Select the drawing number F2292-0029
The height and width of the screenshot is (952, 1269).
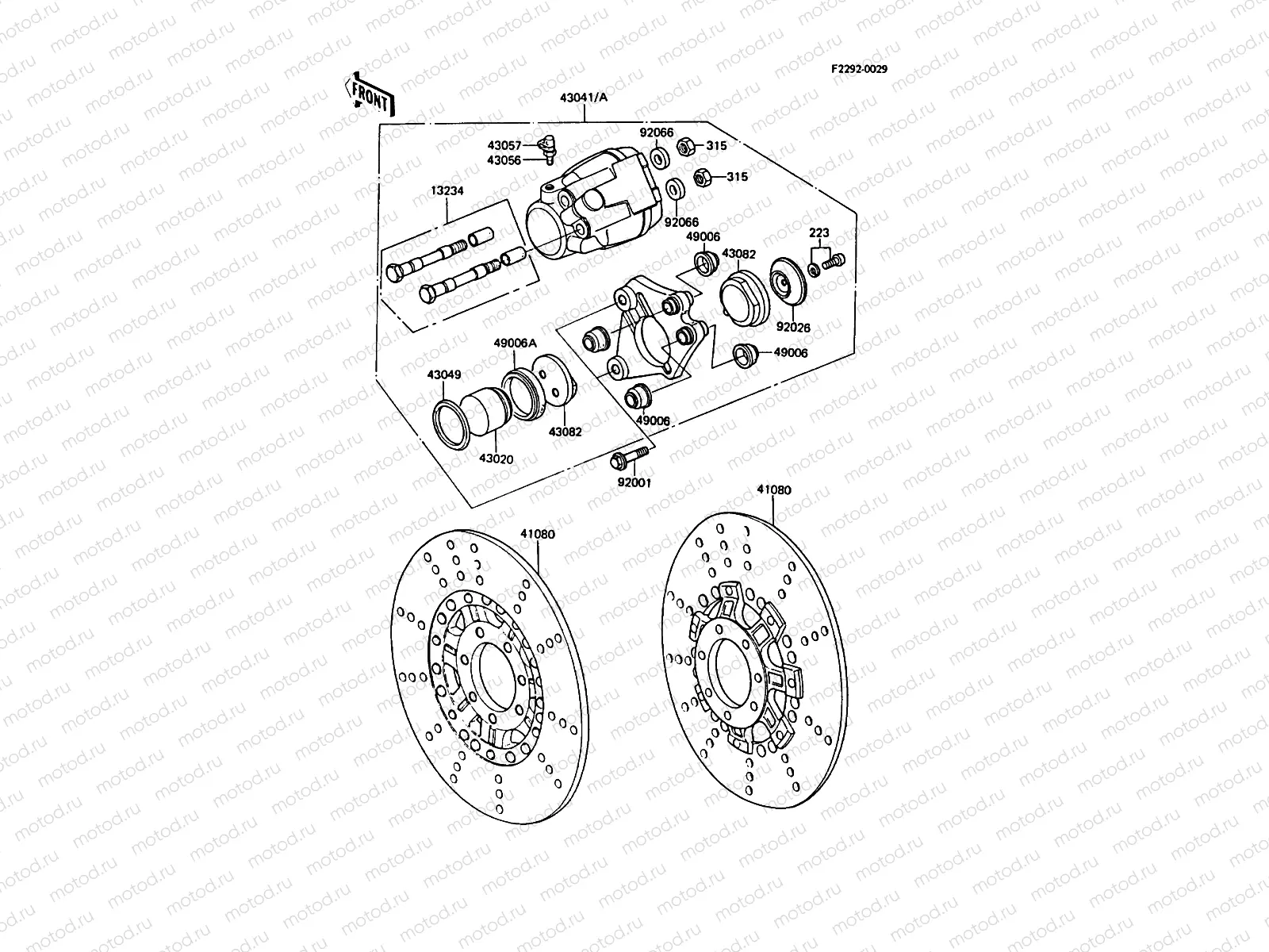click(x=859, y=69)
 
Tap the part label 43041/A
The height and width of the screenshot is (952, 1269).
click(x=585, y=98)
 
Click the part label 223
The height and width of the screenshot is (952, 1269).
click(x=819, y=232)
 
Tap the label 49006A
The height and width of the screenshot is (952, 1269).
click(x=516, y=343)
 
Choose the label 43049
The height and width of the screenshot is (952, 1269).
click(x=444, y=374)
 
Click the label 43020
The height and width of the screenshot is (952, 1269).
click(x=496, y=459)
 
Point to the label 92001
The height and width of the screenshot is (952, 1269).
click(x=634, y=482)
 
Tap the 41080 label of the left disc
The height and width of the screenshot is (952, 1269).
click(x=538, y=534)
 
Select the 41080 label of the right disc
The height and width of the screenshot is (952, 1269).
click(x=773, y=490)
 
